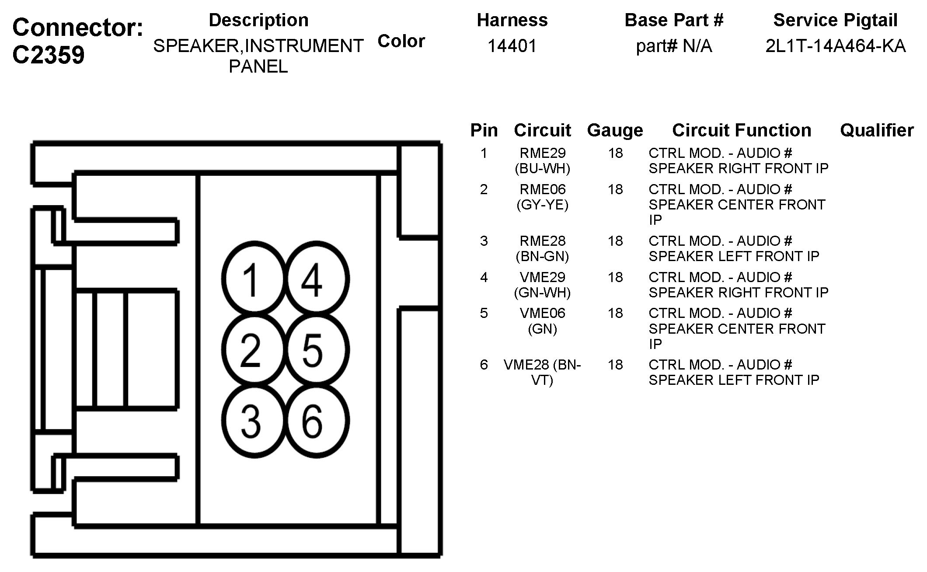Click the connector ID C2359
[x=49, y=55]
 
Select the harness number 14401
[x=512, y=46]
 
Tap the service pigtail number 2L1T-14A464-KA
[x=835, y=46]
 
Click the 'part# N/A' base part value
[x=674, y=46]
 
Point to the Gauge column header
[x=615, y=130]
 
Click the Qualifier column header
[x=877, y=130]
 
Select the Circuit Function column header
[x=742, y=130]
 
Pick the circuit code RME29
[x=543, y=153]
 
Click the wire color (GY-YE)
[x=543, y=205]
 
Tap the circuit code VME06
[x=543, y=313]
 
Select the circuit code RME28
[x=543, y=241]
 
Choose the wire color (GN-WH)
[x=543, y=293]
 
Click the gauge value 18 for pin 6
[x=615, y=365]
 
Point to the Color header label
[x=401, y=41]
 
